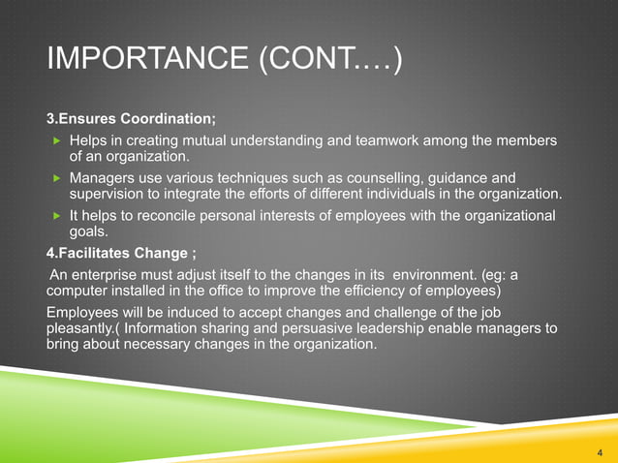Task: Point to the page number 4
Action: [x=600, y=450]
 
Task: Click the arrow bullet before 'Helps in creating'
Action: [x=56, y=141]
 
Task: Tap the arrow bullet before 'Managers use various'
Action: [x=56, y=178]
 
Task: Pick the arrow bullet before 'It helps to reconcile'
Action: [x=56, y=215]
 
